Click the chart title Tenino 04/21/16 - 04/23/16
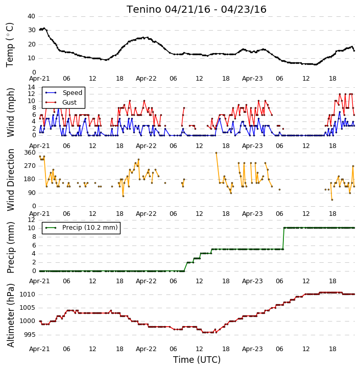click(197, 9)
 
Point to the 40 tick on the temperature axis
click(31, 16)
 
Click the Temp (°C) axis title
click(10, 45)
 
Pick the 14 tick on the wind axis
click(31, 87)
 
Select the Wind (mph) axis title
click(11, 112)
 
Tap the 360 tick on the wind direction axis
click(30, 153)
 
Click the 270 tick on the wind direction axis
click(30, 166)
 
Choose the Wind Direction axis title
click(11, 180)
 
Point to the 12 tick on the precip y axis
click(31, 219)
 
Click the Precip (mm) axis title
click(11, 248)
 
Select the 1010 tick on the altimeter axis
click(27, 294)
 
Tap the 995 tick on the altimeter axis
click(30, 335)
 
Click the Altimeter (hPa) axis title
click(11, 315)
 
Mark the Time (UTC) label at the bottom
click(197, 360)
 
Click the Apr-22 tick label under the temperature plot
click(146, 79)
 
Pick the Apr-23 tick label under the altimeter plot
click(252, 349)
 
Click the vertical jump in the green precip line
click(283, 238)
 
